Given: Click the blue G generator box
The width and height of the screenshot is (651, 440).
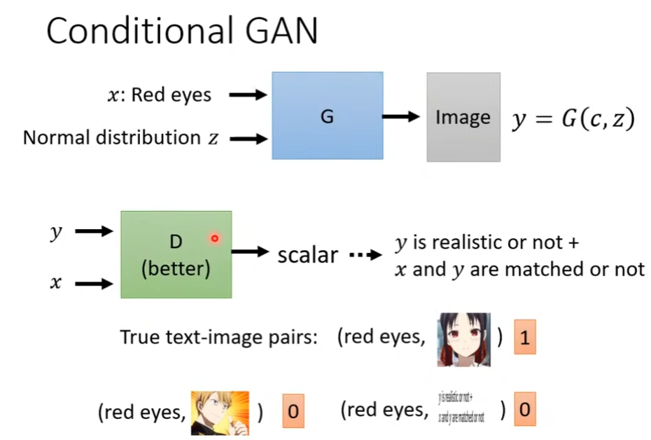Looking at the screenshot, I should tap(327, 116).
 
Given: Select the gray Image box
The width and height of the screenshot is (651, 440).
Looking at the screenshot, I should tap(463, 117).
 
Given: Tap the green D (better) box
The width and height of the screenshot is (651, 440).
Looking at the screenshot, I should tap(175, 254).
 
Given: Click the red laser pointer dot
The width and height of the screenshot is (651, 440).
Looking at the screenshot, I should tap(215, 239).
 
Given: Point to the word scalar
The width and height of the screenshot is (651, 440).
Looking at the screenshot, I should tap(308, 254).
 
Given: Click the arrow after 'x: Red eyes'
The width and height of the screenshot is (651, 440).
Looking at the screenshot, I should tap(248, 95).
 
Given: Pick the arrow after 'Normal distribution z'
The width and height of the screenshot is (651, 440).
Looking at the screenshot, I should tap(248, 139).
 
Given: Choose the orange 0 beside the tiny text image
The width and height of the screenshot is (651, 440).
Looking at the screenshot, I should tap(524, 408).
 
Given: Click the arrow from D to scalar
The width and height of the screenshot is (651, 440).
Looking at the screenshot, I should tap(251, 252).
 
